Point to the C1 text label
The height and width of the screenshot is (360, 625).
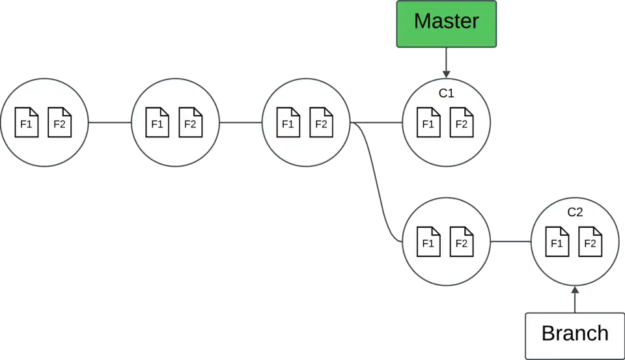tap(446, 94)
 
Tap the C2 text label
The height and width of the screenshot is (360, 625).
tap(575, 213)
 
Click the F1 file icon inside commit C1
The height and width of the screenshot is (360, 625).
tap(428, 122)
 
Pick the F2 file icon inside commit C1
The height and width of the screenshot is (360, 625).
tap(462, 122)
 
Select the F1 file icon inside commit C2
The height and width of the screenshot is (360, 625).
tap(557, 242)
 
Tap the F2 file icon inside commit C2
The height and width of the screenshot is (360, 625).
tap(590, 242)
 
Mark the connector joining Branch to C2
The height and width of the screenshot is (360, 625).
tap(575, 298)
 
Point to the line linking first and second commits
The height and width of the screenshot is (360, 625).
tap(109, 122)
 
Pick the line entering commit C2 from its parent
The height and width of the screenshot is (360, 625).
tap(510, 243)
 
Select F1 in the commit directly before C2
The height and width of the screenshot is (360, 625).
tap(428, 242)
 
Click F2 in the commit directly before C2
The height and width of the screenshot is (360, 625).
tap(462, 242)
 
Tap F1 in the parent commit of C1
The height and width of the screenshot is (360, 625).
tap(288, 122)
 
